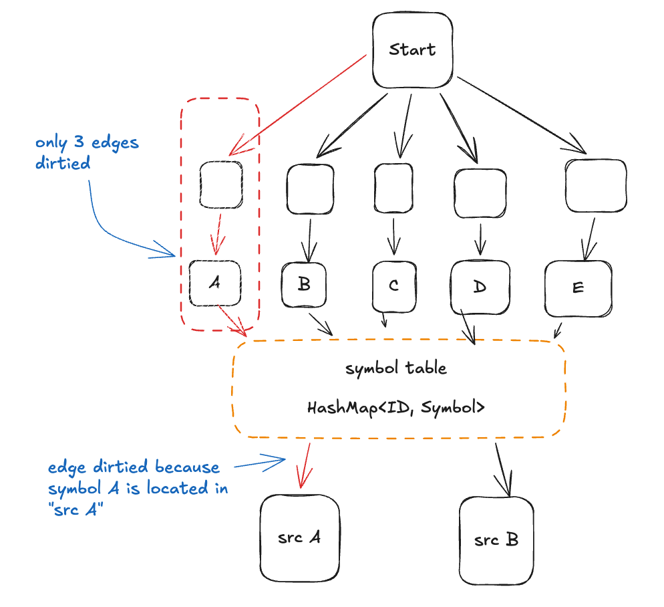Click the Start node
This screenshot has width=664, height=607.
point(412,51)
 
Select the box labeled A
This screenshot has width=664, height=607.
point(215,283)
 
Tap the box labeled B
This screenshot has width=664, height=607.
point(304,285)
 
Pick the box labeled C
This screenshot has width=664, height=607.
point(393,285)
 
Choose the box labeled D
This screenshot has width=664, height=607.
point(480,287)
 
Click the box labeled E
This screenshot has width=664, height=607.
point(578,288)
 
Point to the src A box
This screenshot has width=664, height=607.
point(299,539)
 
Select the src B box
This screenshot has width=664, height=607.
point(496,539)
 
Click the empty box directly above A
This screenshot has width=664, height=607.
point(221,183)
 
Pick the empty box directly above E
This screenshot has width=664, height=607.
point(596,185)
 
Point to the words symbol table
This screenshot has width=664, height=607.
point(396,368)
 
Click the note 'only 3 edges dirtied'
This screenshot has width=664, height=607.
point(86,153)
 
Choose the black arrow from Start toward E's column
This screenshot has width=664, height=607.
point(521,116)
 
